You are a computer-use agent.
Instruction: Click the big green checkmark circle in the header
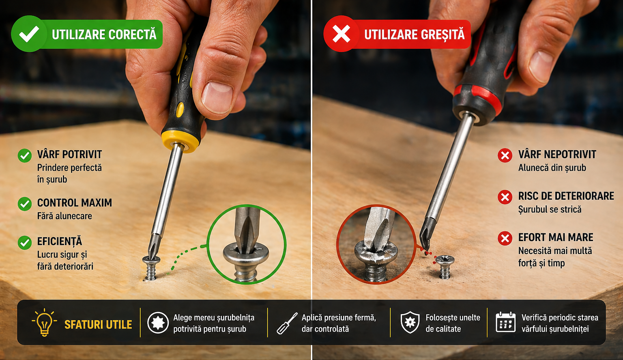point(29,34)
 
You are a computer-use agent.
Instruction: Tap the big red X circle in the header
point(341,34)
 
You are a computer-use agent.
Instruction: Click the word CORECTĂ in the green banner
point(132,34)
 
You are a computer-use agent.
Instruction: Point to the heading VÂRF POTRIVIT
point(69,154)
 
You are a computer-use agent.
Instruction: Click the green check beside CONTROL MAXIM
point(25,204)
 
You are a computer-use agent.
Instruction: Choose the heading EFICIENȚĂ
point(60,241)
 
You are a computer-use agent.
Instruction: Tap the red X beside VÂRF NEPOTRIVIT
point(505,155)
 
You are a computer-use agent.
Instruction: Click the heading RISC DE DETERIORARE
point(566,196)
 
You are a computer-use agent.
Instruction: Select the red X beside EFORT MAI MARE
point(505,238)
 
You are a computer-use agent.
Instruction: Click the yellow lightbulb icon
point(45,322)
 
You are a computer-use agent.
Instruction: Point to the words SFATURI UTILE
point(98,325)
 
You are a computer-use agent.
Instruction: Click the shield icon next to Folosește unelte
point(410,322)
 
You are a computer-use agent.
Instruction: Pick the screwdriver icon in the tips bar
point(287,323)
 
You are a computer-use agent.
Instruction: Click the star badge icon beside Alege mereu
point(158,322)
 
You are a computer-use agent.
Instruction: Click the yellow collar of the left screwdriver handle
point(180,141)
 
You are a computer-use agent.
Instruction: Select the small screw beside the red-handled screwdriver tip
point(445,267)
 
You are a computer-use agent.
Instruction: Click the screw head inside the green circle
point(246,254)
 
